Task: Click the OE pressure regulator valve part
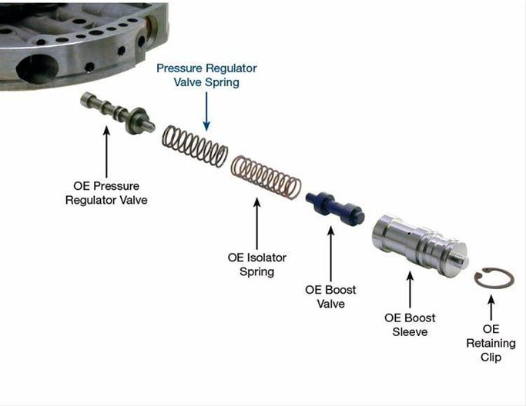coord(117,112)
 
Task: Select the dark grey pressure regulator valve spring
coord(195,146)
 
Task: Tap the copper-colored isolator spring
coord(266,177)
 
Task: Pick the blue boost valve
coord(335,208)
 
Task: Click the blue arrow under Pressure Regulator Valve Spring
coord(206,111)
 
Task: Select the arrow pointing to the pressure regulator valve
coord(107,151)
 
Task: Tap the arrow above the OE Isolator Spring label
coord(257,224)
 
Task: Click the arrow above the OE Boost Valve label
coord(330,254)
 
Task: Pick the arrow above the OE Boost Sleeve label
coord(410,290)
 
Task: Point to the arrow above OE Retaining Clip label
coord(491,307)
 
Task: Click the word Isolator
coord(266,258)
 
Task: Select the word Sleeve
coord(410,332)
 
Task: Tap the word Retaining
coord(491,344)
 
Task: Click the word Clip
coord(491,357)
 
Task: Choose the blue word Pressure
coord(179,68)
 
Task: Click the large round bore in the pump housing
coord(38,69)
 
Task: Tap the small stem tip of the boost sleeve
coord(464,261)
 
